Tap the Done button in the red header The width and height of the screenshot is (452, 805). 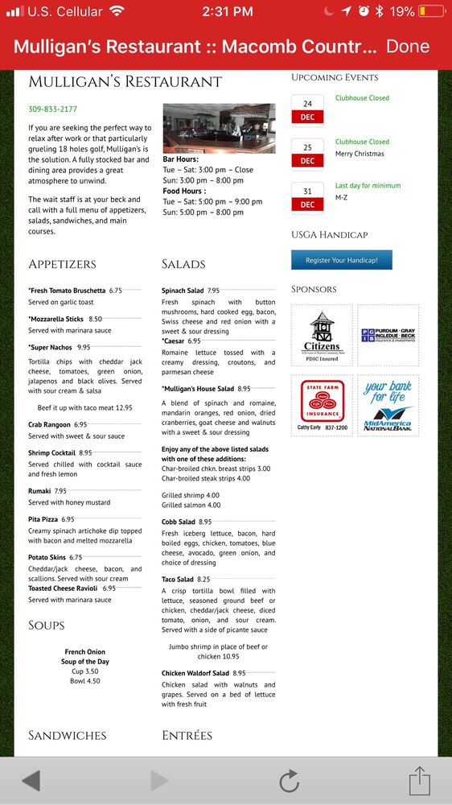click(408, 46)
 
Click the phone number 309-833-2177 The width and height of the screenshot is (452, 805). click(53, 109)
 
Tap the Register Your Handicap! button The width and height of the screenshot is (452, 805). click(347, 261)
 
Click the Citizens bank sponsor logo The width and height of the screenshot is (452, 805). click(322, 334)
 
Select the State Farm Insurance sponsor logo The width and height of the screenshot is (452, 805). click(322, 405)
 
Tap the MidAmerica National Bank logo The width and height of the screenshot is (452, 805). click(388, 405)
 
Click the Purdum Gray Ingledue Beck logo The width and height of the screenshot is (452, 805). click(388, 335)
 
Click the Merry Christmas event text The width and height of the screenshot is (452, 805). click(360, 154)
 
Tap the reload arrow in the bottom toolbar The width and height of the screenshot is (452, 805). click(289, 781)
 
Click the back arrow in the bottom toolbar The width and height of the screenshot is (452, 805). click(31, 781)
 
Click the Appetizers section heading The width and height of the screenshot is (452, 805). click(62, 264)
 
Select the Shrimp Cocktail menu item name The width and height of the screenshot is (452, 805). click(52, 453)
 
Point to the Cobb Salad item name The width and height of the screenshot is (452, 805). click(178, 522)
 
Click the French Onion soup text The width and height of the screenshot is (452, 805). click(85, 652)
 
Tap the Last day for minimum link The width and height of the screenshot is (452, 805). click(368, 185)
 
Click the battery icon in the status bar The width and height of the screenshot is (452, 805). click(430, 12)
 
